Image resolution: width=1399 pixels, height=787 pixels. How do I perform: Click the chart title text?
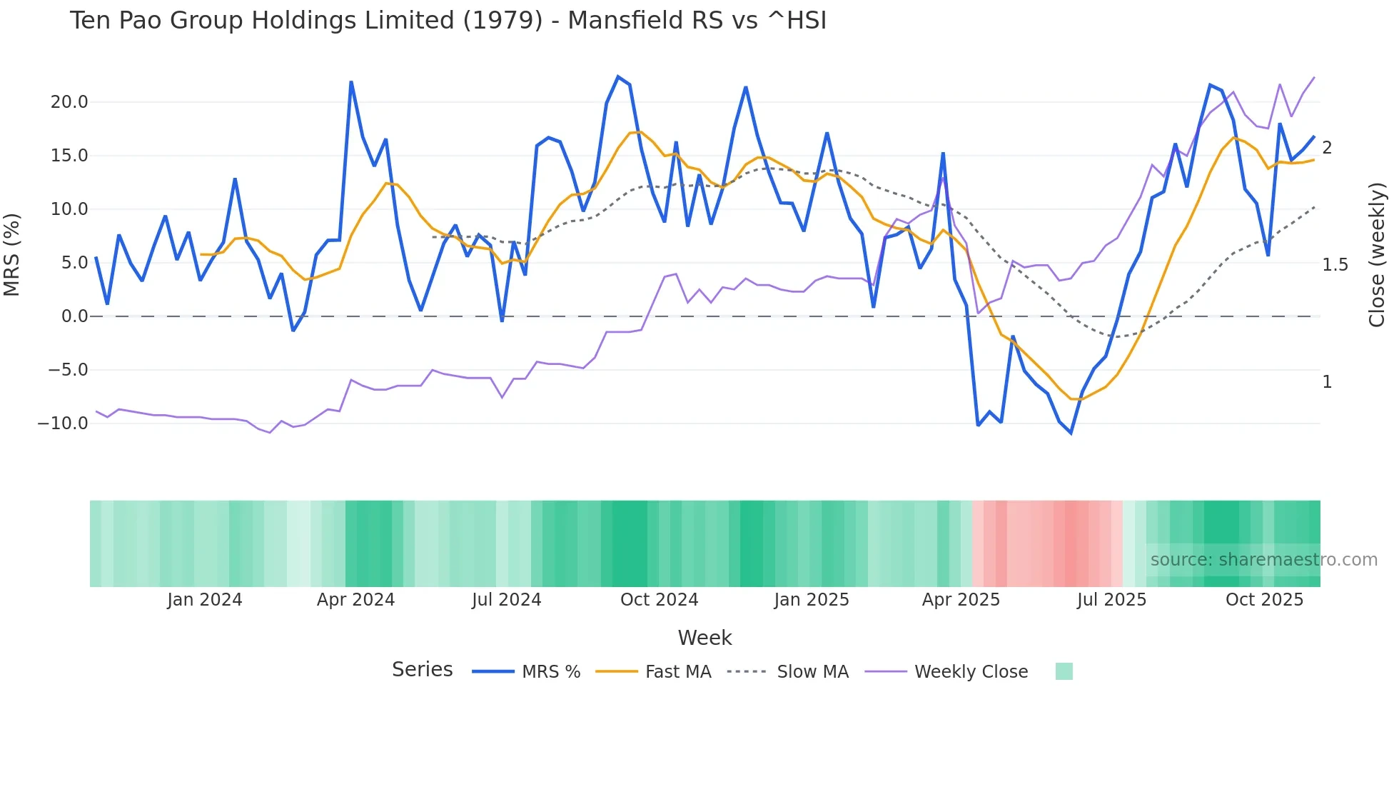(x=448, y=21)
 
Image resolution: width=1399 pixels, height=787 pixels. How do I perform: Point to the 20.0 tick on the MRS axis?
(x=69, y=102)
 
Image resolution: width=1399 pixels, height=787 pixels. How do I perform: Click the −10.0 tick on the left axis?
(x=63, y=423)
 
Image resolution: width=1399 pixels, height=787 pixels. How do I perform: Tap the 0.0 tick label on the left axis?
(x=74, y=316)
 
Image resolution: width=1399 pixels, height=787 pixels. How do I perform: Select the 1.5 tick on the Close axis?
(x=1335, y=265)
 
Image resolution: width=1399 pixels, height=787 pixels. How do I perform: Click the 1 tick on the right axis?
(x=1327, y=382)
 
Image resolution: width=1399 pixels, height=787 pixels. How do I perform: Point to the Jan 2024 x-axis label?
(x=205, y=600)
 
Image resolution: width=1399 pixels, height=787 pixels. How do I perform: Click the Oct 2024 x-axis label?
(x=659, y=600)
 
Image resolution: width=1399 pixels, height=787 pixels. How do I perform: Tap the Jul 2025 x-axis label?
(x=1111, y=600)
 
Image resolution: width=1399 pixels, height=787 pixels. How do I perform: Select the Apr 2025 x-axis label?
(x=961, y=600)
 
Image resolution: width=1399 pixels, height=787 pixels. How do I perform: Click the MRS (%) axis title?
(x=12, y=254)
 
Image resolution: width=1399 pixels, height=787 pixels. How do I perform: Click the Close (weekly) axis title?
(x=1377, y=254)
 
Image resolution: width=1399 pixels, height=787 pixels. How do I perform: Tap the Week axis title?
(x=704, y=638)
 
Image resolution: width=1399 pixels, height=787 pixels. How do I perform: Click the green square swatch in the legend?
(x=1064, y=671)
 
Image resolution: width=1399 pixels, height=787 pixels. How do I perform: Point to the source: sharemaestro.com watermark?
(x=1263, y=560)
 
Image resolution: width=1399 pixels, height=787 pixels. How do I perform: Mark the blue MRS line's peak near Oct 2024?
(x=618, y=76)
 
